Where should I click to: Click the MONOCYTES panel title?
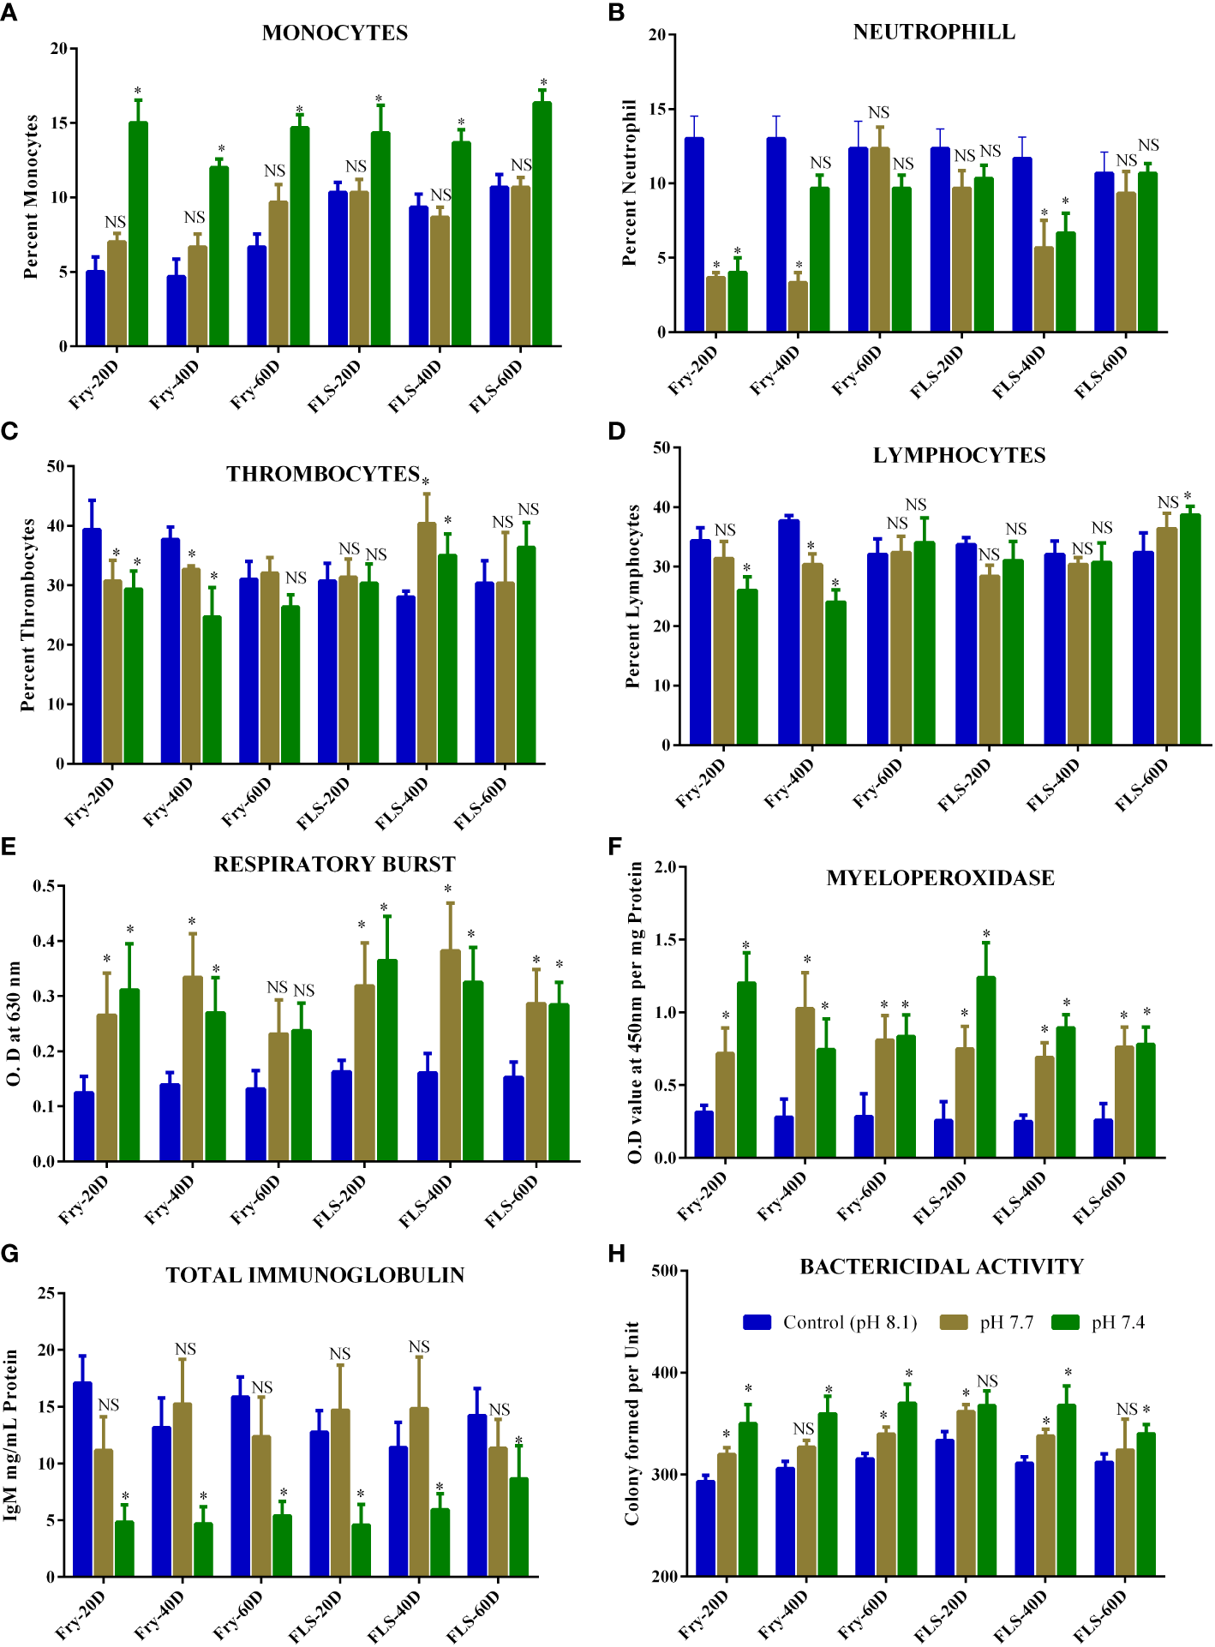[x=334, y=33]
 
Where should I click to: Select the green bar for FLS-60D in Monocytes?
[x=542, y=223]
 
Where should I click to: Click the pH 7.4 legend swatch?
[x=1065, y=1322]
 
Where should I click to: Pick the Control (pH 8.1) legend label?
[x=849, y=1322]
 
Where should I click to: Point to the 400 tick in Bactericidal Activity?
[x=664, y=1373]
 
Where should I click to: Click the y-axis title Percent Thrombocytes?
[x=27, y=614]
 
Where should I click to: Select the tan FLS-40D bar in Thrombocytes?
[x=426, y=643]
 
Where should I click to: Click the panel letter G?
[x=9, y=1254]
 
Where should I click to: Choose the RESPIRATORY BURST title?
[x=334, y=864]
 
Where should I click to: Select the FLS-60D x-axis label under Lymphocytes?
[x=1141, y=784]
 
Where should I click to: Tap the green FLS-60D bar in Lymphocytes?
[x=1189, y=630]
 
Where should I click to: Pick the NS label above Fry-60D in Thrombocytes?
[x=296, y=578]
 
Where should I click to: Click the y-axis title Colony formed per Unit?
[x=632, y=1422]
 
